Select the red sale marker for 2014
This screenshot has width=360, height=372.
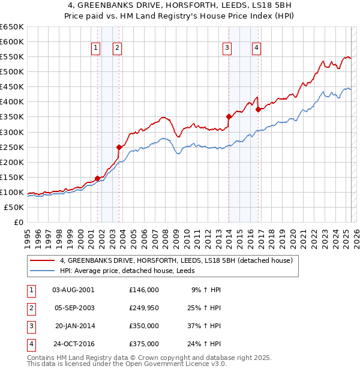point(229,116)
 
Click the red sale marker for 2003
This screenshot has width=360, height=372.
point(119,147)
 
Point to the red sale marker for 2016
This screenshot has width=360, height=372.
point(258,109)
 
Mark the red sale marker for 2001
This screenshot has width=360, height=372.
point(97,178)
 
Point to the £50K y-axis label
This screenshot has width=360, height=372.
point(14,207)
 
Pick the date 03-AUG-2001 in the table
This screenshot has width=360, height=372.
point(73,290)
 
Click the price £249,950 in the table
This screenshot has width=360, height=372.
point(144,308)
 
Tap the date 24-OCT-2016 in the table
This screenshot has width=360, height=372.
point(74,344)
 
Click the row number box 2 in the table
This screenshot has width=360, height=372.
point(31,308)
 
